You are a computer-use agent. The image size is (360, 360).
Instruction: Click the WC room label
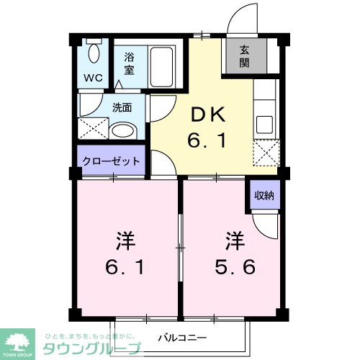click(x=94, y=77)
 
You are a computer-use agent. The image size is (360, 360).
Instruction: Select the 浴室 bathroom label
click(x=130, y=63)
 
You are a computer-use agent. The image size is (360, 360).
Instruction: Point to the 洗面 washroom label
click(x=122, y=109)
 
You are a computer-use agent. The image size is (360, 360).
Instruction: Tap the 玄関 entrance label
click(x=244, y=57)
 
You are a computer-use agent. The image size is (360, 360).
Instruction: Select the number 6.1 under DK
click(x=208, y=142)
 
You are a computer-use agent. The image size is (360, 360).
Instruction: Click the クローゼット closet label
click(x=112, y=161)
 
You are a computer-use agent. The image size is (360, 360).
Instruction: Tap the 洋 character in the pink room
click(x=126, y=238)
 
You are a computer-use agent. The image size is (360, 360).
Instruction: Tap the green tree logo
click(x=20, y=341)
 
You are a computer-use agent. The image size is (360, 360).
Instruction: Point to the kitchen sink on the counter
click(x=264, y=124)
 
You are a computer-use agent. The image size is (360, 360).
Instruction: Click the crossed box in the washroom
click(x=93, y=130)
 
